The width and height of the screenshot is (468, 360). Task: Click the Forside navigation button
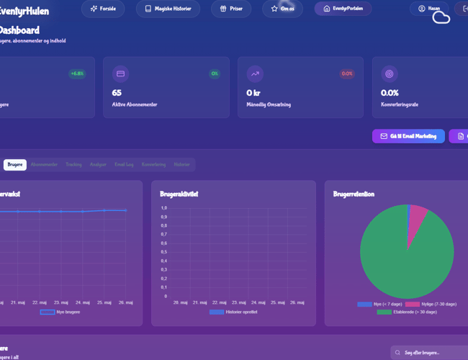point(103,9)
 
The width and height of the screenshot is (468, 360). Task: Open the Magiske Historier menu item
point(168,9)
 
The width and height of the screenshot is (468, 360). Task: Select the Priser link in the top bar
point(231,9)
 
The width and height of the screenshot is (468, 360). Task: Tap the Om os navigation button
point(282,9)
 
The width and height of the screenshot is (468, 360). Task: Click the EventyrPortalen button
point(343,9)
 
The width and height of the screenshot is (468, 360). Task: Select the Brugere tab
point(15,165)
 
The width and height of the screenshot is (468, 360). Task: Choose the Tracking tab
point(73,165)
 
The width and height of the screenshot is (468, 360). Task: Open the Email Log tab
point(124,165)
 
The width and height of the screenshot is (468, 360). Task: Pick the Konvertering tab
point(153,165)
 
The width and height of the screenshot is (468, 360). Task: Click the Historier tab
point(181,165)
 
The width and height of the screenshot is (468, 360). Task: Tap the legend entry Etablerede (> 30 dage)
point(407,312)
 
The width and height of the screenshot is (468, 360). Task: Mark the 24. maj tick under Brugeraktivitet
point(253,302)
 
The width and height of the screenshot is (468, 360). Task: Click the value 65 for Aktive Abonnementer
point(117,93)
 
